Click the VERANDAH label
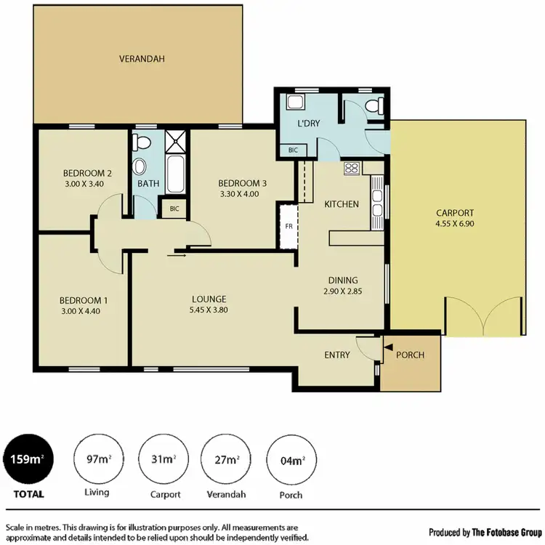137,58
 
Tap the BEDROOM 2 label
86,173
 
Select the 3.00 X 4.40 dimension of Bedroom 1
85,310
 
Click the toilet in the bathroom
142,141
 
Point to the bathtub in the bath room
174,173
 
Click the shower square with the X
174,140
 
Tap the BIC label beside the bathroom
174,209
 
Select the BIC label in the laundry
293,150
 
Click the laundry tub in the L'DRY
296,102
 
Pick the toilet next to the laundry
375,106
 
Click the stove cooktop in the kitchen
352,169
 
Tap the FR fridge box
288,226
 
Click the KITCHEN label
342,204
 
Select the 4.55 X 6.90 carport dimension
455,223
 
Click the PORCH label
409,355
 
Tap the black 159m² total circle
26,459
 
